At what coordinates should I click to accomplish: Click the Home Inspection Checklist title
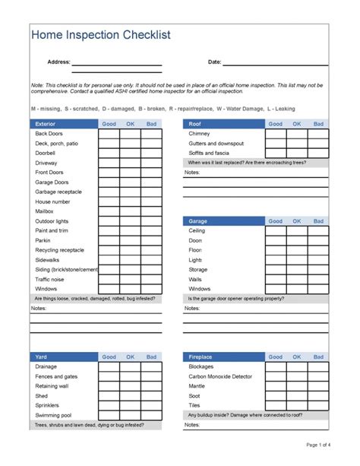click(x=100, y=35)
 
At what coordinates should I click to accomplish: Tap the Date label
click(x=214, y=62)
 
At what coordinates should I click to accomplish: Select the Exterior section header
click(x=46, y=123)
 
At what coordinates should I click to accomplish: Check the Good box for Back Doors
click(x=109, y=133)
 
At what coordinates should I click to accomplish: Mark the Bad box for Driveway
click(x=151, y=163)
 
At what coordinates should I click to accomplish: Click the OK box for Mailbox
click(x=130, y=211)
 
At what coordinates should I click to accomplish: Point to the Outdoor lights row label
click(x=52, y=221)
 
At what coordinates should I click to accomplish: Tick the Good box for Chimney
click(x=275, y=133)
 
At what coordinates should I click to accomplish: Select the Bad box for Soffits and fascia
click(x=317, y=153)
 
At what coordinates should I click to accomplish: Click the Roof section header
click(x=195, y=123)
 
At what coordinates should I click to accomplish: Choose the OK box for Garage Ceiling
click(x=296, y=230)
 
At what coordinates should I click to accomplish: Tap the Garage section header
click(x=198, y=220)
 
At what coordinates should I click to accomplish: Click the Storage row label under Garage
click(x=197, y=269)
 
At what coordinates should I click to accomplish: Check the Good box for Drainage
click(x=109, y=366)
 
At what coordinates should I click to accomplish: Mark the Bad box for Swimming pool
click(x=151, y=415)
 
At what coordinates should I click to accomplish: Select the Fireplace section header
click(x=201, y=357)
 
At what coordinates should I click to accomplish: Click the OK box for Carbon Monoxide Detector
click(x=296, y=376)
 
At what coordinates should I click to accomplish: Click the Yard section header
click(x=41, y=357)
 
